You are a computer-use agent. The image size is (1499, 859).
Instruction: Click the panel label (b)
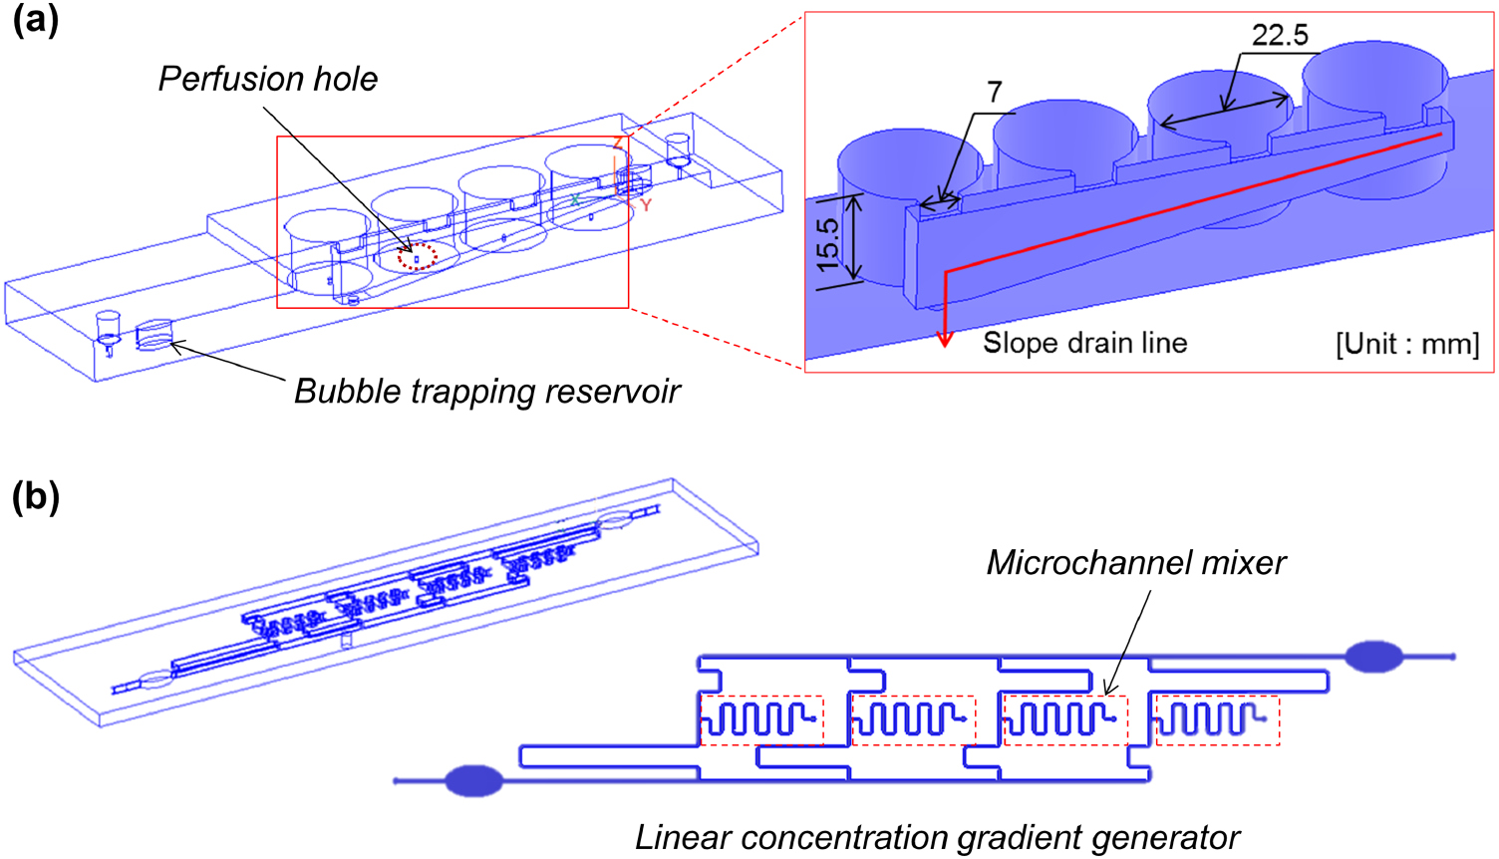coord(36,496)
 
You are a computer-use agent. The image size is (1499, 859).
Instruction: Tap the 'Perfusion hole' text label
coord(268,79)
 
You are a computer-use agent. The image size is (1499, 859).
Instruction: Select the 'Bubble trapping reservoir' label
coord(486,391)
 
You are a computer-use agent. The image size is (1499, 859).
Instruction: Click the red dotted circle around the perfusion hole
coord(418,257)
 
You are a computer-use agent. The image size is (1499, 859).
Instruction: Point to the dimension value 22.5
coord(1280,36)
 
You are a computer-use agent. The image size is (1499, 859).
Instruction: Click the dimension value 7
coord(994,92)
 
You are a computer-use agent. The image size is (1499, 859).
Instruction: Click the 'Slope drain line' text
coord(1084,343)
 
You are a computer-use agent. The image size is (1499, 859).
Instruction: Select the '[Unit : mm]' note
coord(1407,344)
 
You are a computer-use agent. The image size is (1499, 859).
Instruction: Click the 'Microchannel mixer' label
coord(1136,563)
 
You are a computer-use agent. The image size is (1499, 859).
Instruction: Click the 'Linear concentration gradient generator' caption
coord(937,838)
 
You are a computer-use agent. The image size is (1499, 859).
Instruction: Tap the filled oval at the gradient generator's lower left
coord(473,780)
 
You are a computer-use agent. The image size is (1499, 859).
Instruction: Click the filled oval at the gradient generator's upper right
coord(1374,656)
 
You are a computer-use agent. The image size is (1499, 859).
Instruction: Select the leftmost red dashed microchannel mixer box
coord(761,719)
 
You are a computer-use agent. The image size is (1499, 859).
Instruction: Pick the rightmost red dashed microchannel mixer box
coord(1216,719)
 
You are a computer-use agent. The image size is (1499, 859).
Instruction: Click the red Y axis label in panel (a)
coord(646,205)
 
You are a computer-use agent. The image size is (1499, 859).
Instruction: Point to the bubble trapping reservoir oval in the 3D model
coord(153,335)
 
